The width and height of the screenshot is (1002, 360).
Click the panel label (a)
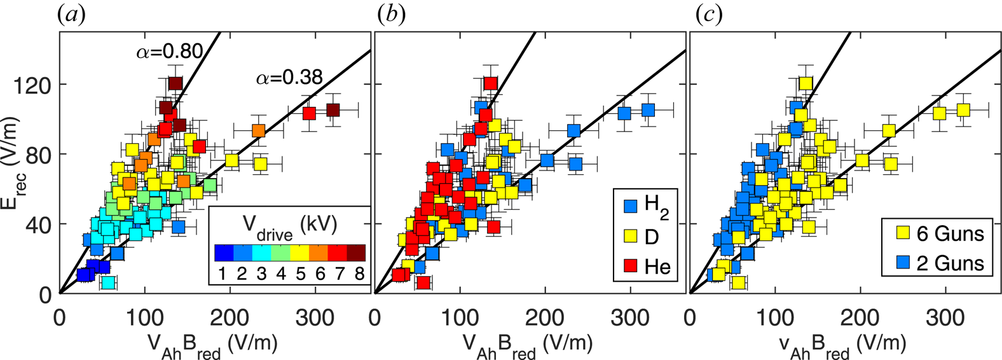pos(71,15)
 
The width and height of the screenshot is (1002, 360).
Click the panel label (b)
pos(391,15)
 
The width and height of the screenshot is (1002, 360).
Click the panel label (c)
pos(706,15)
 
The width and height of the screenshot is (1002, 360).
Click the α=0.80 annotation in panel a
pos(170,52)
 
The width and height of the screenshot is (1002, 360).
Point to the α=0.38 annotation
pos(289,78)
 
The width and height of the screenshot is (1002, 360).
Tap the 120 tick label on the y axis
pos(37,85)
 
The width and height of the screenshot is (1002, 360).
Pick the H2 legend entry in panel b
pos(645,205)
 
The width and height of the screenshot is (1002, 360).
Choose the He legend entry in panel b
pos(645,266)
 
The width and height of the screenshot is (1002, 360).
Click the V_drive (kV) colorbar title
pos(290,226)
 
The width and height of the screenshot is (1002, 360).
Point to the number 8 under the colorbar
pos(359,273)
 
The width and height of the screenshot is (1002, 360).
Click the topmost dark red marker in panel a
pos(175,83)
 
